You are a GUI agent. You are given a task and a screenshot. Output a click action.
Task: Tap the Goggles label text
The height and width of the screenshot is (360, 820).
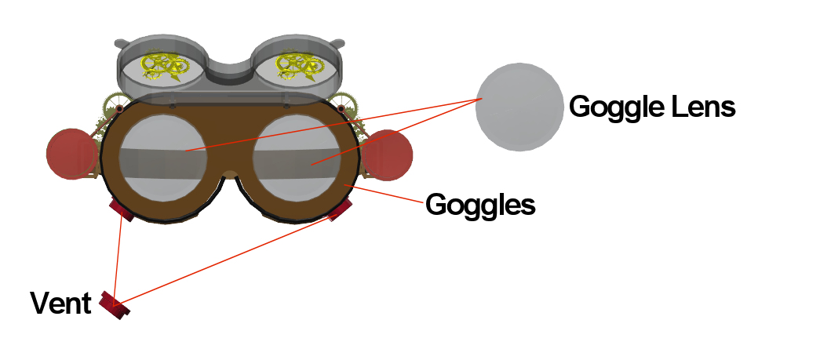pos(480,205)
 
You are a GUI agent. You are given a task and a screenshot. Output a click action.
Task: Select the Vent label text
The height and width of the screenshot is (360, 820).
pos(60,304)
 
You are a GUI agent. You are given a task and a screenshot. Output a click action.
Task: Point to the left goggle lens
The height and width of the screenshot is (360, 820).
pos(163,156)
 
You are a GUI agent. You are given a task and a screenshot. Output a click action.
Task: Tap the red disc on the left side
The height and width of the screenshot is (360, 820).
pos(71,154)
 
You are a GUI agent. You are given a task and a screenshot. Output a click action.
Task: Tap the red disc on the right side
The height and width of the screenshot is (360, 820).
pos(389,155)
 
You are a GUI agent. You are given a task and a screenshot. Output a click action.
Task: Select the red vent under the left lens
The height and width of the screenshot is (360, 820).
pos(122,209)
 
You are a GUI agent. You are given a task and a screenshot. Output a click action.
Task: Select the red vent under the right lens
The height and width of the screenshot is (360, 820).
pos(339,209)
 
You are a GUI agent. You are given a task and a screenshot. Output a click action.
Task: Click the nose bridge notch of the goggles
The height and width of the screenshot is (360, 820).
pos(230,174)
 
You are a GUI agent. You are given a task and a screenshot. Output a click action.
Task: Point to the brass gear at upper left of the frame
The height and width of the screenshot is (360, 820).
pos(115,104)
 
